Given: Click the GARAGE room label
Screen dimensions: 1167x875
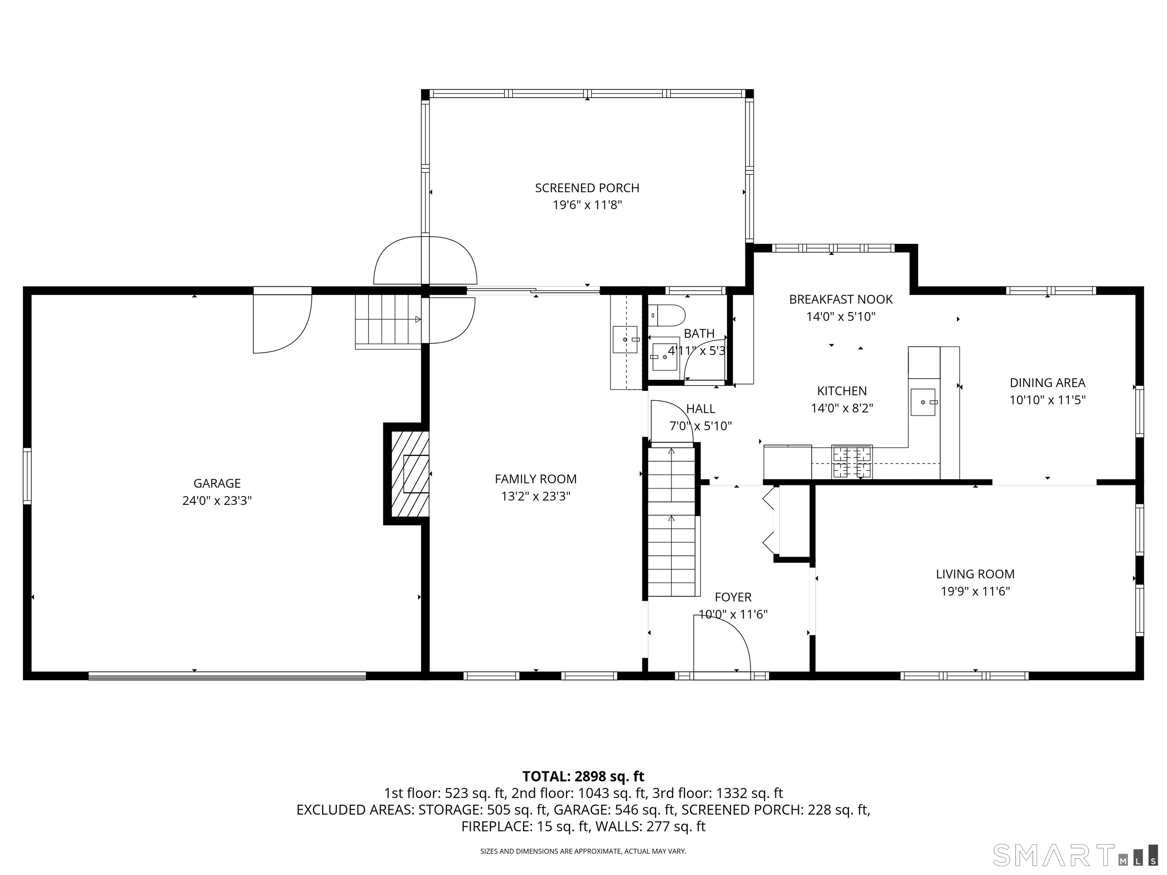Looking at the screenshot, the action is click(x=217, y=483).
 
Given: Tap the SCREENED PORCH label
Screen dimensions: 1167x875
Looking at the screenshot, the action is click(x=587, y=188).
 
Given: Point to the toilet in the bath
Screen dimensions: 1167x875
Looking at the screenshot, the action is click(x=666, y=315).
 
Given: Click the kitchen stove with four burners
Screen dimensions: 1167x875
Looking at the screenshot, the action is click(x=852, y=462).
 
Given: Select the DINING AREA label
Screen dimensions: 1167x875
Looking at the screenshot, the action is click(x=1047, y=383).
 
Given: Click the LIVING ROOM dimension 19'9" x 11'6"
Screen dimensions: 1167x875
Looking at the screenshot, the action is click(x=975, y=591).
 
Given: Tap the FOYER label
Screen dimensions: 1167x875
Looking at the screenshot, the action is click(x=733, y=597).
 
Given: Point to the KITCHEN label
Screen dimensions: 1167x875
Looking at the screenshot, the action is click(x=841, y=391).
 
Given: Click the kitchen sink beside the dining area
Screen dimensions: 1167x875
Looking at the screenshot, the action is click(x=923, y=402).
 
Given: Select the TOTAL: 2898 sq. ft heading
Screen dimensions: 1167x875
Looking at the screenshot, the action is click(x=583, y=776).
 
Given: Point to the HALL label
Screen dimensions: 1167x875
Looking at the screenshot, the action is click(x=701, y=409).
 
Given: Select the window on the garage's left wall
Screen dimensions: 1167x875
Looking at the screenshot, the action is click(x=27, y=476).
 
